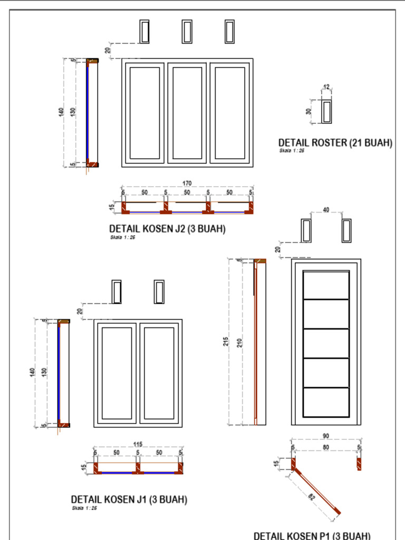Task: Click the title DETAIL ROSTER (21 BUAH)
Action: [x=335, y=142]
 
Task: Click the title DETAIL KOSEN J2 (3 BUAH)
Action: [x=167, y=229]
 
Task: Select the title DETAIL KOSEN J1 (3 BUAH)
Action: [x=129, y=499]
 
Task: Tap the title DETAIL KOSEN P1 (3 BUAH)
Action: [x=312, y=535]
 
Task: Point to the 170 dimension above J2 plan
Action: [x=187, y=183]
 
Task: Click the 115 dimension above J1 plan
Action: [x=138, y=444]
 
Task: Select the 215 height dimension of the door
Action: [x=226, y=342]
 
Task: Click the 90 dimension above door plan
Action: [x=326, y=436]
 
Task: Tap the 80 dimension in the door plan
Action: [x=326, y=447]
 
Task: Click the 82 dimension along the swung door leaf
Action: [x=312, y=496]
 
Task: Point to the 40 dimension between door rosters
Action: [x=326, y=210]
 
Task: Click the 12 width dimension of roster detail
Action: [x=326, y=87]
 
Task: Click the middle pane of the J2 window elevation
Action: [x=187, y=113]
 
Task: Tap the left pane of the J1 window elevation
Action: [x=117, y=373]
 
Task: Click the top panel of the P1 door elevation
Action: [x=326, y=285]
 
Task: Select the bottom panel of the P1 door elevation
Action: [x=326, y=402]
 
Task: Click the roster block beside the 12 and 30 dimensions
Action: [x=326, y=111]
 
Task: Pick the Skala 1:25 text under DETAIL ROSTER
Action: [x=292, y=150]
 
